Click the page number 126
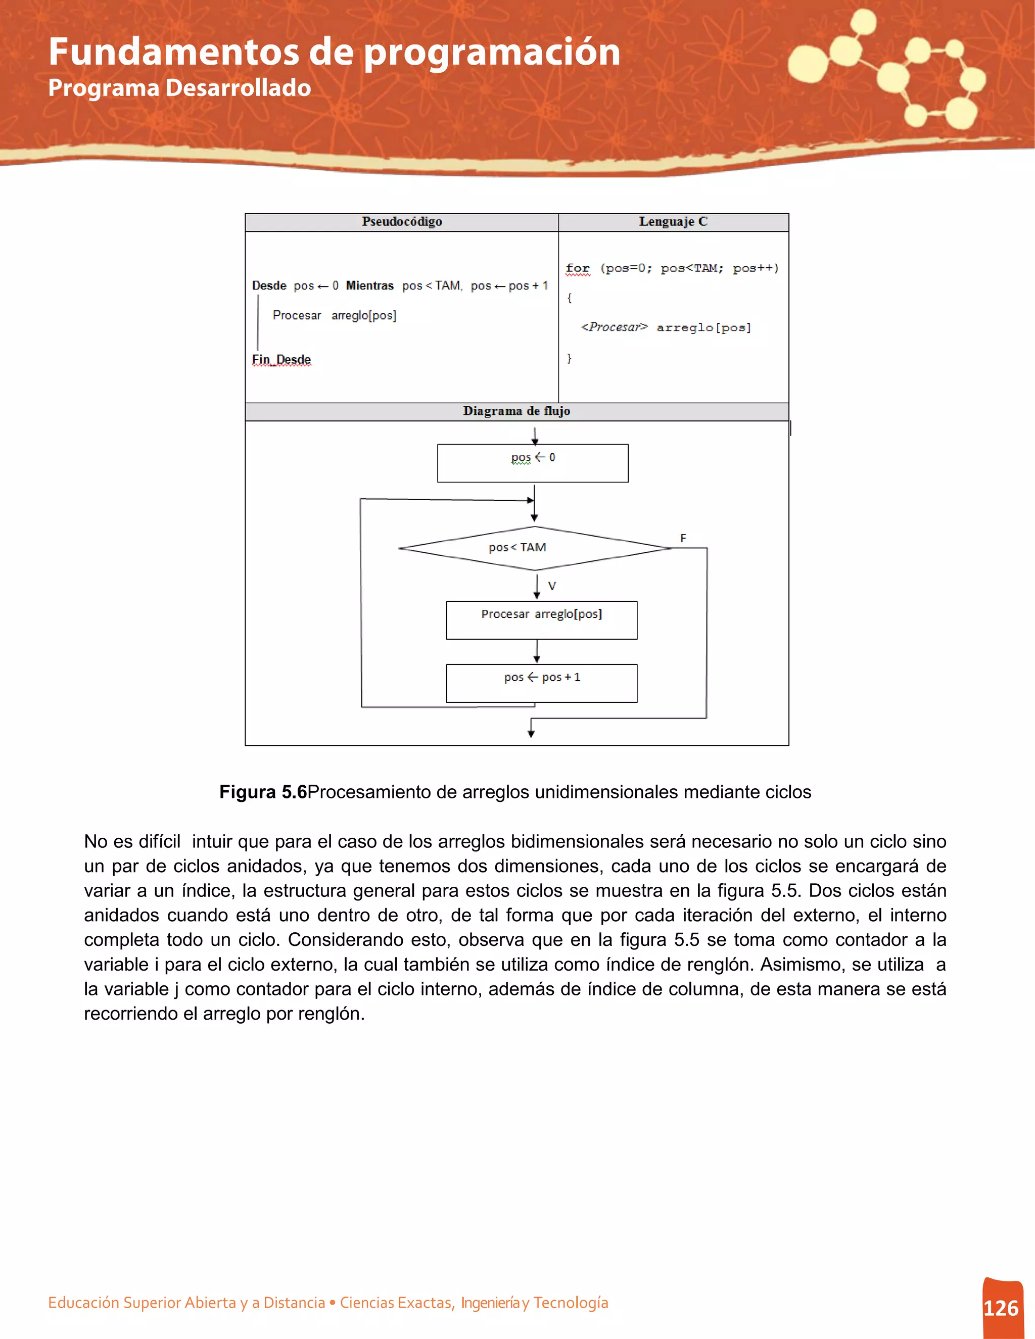1001,1308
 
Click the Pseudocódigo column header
402,221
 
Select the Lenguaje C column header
673,221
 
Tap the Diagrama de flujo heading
516,411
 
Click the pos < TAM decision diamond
535,548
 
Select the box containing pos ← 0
532,463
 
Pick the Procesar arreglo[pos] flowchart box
541,620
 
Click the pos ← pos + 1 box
541,683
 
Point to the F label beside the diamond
683,538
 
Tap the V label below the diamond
552,586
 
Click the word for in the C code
577,268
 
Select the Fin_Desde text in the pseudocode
281,359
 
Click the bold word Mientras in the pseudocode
370,285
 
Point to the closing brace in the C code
569,357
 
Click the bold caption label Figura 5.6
263,792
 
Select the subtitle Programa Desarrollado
179,88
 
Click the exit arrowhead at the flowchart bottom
531,733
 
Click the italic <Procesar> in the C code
614,327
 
